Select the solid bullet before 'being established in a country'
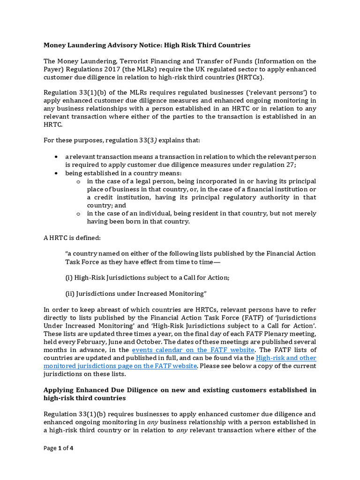click(x=56, y=173)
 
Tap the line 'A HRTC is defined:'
click(x=69, y=238)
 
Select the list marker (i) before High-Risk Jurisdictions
click(x=69, y=277)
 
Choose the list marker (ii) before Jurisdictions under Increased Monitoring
click(x=70, y=293)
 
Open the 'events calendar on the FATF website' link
click(x=193, y=350)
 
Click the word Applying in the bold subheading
click(x=58, y=390)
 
